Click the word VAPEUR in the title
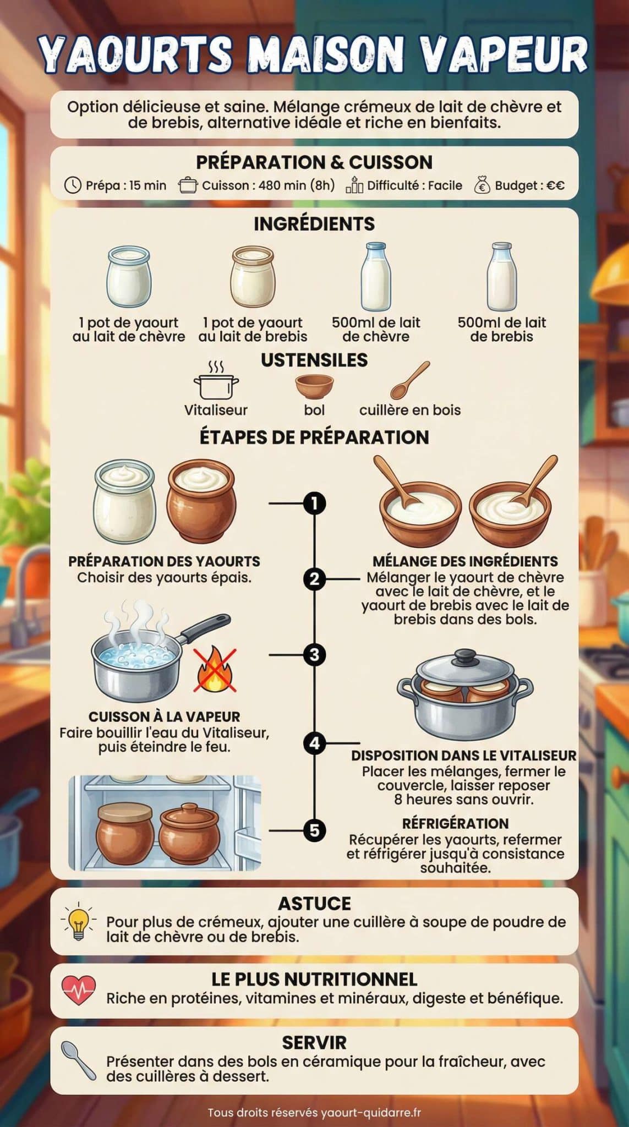click(x=504, y=55)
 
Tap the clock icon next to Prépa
click(x=73, y=185)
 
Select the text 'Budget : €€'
click(x=529, y=185)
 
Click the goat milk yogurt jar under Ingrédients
click(x=129, y=276)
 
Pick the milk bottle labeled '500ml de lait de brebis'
click(x=502, y=277)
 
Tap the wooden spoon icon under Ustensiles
click(x=410, y=380)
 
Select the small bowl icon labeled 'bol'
click(x=314, y=386)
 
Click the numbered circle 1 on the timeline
click(x=314, y=503)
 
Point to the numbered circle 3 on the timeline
click(x=314, y=655)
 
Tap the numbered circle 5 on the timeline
click(x=314, y=830)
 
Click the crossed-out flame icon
click(x=215, y=670)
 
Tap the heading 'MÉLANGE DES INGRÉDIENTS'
click(x=465, y=561)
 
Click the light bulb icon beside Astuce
click(x=79, y=921)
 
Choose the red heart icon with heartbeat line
click(x=79, y=991)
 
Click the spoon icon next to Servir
click(x=79, y=1060)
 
